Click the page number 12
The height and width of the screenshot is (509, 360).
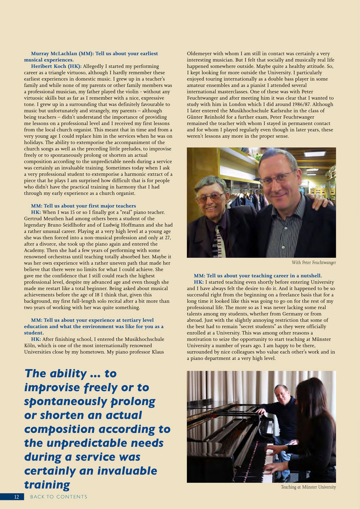(x=17, y=497)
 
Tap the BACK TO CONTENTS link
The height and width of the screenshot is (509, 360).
(x=59, y=497)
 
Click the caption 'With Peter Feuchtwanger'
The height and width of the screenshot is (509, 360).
(x=314, y=262)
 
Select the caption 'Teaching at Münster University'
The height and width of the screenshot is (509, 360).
(x=308, y=487)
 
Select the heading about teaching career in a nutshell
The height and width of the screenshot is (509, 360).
(x=257, y=276)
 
